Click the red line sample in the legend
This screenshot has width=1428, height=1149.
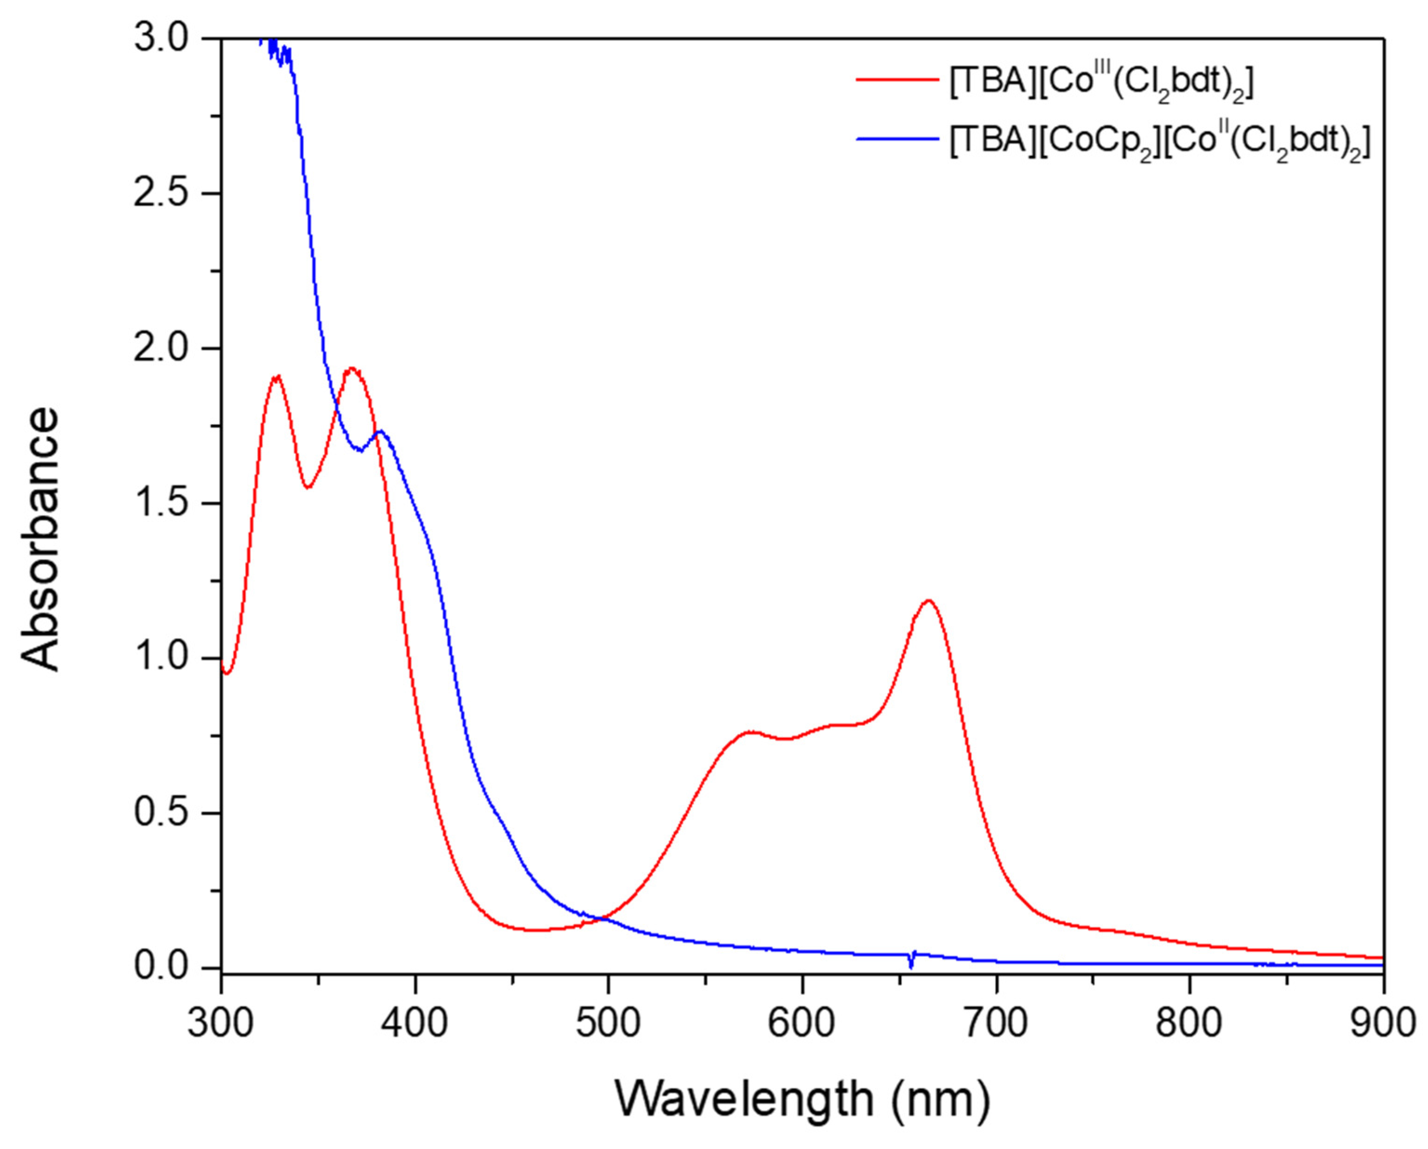(898, 80)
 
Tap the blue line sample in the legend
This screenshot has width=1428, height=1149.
(898, 139)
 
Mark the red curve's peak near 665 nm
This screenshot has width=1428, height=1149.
(928, 601)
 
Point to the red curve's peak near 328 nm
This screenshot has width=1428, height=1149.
(276, 376)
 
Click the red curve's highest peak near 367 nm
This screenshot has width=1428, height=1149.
(352, 368)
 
